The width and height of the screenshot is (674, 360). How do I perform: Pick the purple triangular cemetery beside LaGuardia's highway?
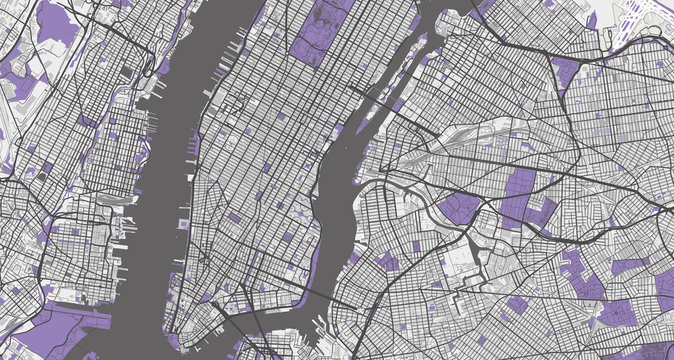tap(565, 70)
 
